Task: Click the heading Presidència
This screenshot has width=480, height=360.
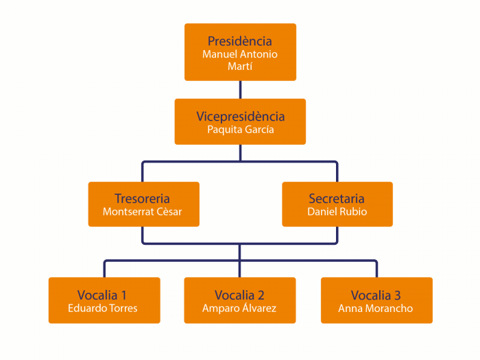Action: click(240, 41)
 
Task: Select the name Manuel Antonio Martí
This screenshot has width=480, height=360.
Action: click(240, 60)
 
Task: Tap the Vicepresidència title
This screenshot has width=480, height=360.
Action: click(240, 117)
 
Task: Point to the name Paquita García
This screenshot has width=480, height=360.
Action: click(240, 130)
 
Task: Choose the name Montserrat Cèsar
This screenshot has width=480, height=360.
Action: click(143, 212)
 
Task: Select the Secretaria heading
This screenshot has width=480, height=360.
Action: click(337, 199)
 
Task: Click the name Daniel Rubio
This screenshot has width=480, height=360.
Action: click(337, 212)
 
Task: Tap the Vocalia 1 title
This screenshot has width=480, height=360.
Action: click(103, 295)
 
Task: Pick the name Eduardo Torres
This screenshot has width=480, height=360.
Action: click(103, 308)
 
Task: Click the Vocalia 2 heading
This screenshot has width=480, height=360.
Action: click(239, 295)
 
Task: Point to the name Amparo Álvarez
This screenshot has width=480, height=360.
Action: click(239, 308)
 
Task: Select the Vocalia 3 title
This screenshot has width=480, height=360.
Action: click(376, 295)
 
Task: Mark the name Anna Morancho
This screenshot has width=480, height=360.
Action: click(376, 308)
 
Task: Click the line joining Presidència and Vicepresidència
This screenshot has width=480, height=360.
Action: click(240, 90)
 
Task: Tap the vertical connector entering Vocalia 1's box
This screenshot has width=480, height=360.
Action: click(104, 269)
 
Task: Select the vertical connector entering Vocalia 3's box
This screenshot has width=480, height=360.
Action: click(376, 269)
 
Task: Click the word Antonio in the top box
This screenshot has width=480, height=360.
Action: click(258, 54)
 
